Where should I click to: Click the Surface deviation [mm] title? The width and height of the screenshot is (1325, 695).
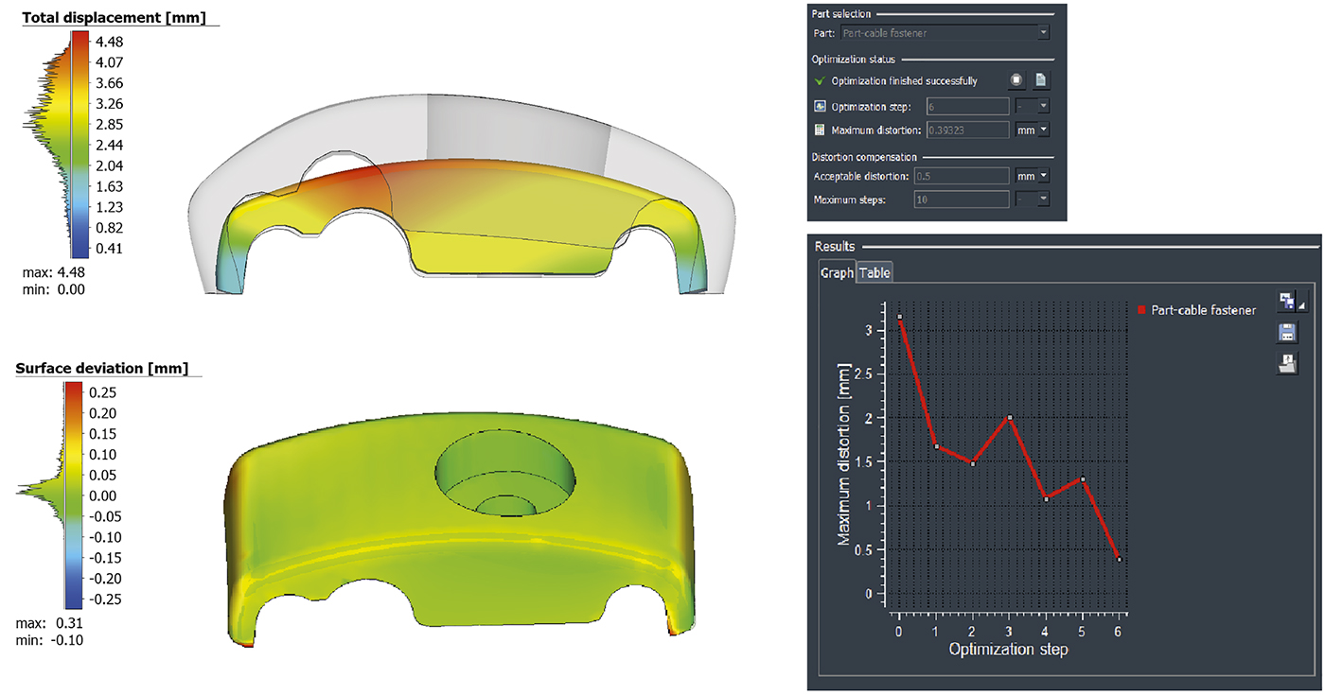pyautogui.click(x=101, y=368)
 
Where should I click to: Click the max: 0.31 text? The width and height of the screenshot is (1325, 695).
pyautogui.click(x=52, y=624)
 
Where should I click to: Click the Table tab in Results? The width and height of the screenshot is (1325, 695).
pyautogui.click(x=874, y=273)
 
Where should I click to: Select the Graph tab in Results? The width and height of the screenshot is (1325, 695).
pyautogui.click(x=837, y=273)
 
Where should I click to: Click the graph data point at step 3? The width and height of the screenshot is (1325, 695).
pyautogui.click(x=1010, y=417)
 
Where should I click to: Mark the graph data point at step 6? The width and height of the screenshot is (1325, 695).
pyautogui.click(x=1120, y=559)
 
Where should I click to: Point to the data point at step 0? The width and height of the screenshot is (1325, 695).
pyautogui.click(x=899, y=317)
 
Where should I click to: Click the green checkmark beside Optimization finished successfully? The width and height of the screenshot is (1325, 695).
pyautogui.click(x=820, y=81)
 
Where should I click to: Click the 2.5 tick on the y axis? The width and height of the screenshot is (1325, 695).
pyautogui.click(x=870, y=373)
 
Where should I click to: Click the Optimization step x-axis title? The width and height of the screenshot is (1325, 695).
pyautogui.click(x=1008, y=650)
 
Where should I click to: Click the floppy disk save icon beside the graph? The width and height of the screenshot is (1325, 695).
pyautogui.click(x=1286, y=332)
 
